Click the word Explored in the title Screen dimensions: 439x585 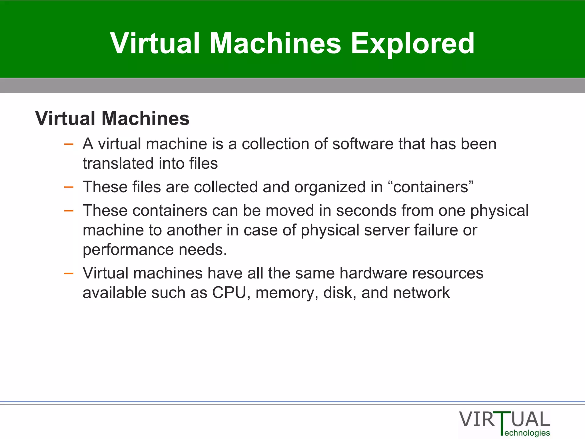(x=412, y=43)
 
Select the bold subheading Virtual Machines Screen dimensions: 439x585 (x=112, y=118)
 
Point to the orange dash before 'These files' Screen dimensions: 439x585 (x=69, y=187)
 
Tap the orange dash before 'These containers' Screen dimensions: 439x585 (x=69, y=211)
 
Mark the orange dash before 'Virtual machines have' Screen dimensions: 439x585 (x=69, y=274)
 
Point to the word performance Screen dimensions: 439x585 (x=128, y=250)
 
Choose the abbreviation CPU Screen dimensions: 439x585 (x=229, y=293)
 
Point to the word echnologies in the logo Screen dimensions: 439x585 (x=527, y=433)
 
